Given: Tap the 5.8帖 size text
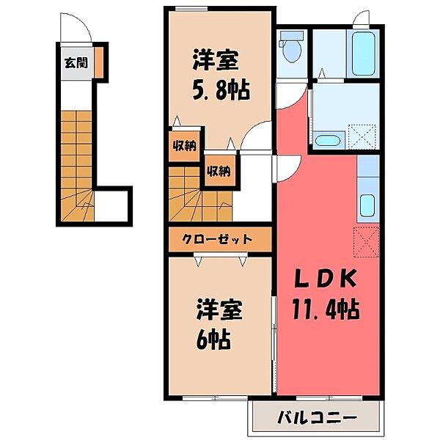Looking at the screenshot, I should tap(221, 90).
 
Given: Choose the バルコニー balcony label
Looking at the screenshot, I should tap(318, 419).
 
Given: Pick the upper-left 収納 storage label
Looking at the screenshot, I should tap(183, 144).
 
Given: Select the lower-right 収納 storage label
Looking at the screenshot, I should tap(219, 172).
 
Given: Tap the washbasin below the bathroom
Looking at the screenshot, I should tap(327, 139).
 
